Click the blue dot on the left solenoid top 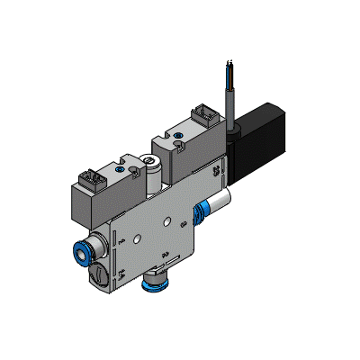[121, 168]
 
